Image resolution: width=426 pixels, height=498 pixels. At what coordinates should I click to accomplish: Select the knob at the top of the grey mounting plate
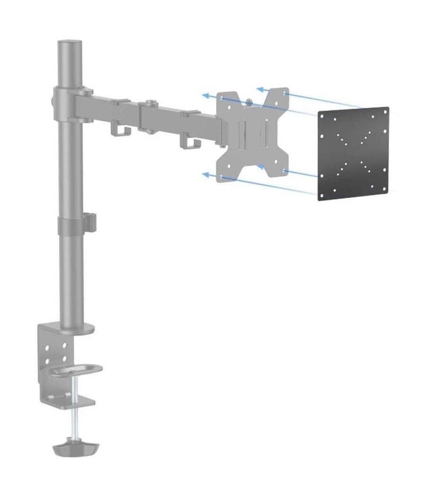click(249, 101)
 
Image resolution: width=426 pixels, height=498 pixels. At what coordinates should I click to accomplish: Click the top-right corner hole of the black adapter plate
click(384, 111)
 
